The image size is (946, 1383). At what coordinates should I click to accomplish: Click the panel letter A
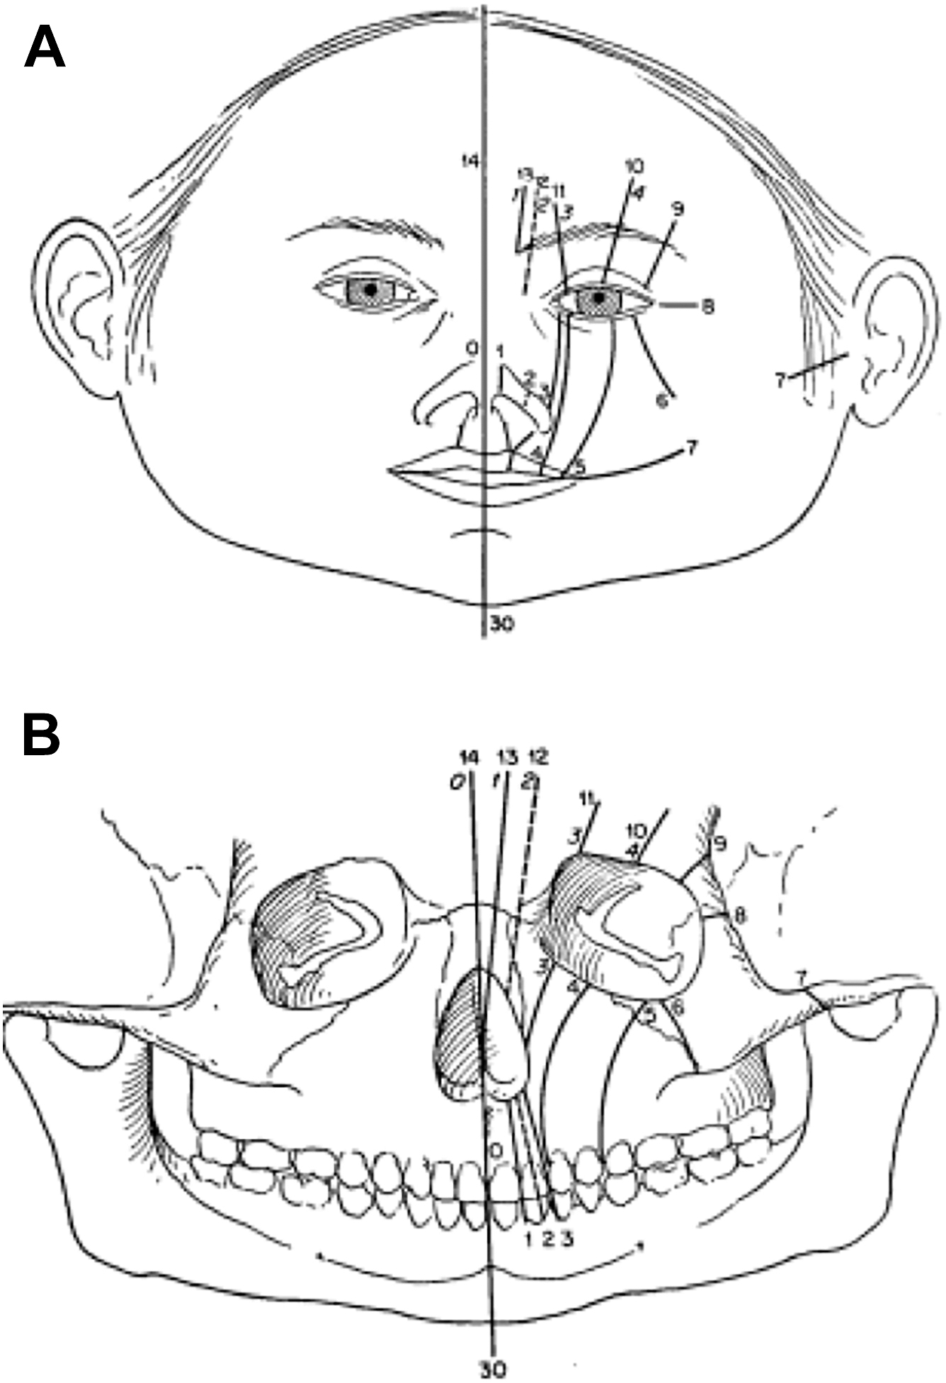click(45, 48)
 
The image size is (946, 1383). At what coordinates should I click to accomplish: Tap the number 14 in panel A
click(467, 161)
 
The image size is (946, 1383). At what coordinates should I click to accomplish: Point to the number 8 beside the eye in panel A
click(707, 306)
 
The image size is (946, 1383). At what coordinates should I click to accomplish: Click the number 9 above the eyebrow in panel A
click(678, 209)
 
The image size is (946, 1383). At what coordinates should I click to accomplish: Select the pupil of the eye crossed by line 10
click(599, 299)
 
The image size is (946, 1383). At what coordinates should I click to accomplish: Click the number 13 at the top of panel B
click(508, 758)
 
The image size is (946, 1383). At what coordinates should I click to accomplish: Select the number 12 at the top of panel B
click(538, 758)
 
